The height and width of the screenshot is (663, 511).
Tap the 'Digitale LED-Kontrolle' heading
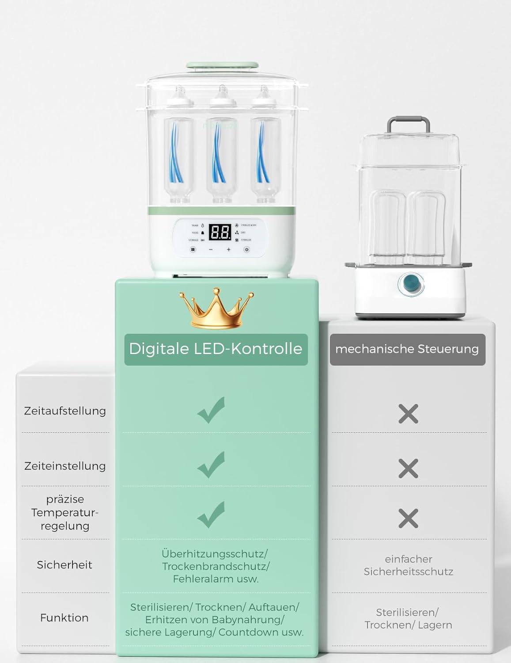click(216, 349)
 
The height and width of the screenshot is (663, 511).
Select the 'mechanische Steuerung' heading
click(407, 349)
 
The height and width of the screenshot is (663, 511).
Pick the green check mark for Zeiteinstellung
click(211, 465)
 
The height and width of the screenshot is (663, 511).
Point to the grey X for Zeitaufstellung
click(408, 414)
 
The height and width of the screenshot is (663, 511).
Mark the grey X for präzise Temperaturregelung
click(408, 518)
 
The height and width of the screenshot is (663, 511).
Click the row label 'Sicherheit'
click(64, 565)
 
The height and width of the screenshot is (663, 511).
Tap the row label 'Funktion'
click(64, 618)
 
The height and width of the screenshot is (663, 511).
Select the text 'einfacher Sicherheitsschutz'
click(408, 565)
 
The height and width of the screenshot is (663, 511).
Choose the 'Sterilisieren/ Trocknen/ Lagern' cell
click(408, 619)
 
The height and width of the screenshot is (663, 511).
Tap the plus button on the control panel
click(229, 250)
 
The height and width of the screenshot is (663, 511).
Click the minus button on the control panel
click(211, 250)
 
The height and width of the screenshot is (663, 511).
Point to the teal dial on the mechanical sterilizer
click(411, 284)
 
